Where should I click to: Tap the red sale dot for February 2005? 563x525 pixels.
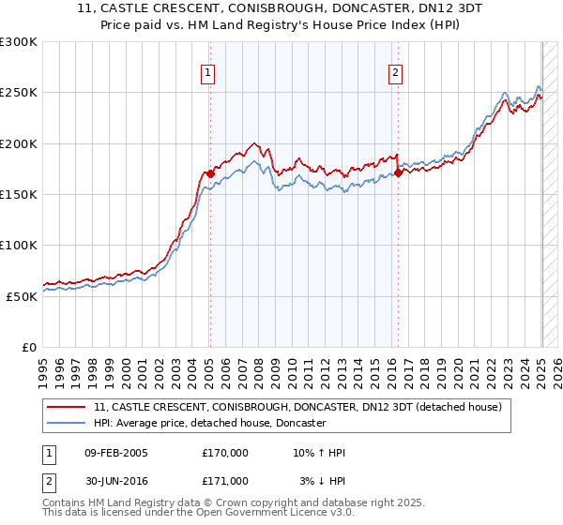[210, 173]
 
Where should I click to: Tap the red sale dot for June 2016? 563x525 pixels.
[399, 172]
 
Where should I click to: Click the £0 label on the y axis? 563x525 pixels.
[28, 347]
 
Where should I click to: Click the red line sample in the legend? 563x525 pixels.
[68, 407]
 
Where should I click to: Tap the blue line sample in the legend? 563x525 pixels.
[68, 423]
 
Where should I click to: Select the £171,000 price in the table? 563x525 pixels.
[225, 481]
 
